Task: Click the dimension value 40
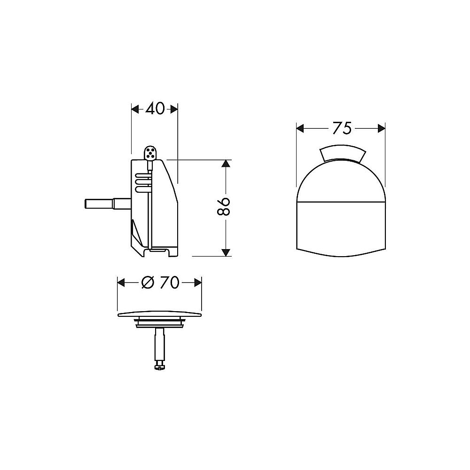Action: click(155, 109)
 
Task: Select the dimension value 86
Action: click(226, 207)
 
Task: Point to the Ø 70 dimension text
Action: click(160, 282)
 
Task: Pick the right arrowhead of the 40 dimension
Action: click(174, 109)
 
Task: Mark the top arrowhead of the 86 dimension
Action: click(226, 164)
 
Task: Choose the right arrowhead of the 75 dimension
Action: click(381, 128)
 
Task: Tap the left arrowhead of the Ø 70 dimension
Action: click(121, 282)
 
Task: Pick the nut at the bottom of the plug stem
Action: click(160, 365)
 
